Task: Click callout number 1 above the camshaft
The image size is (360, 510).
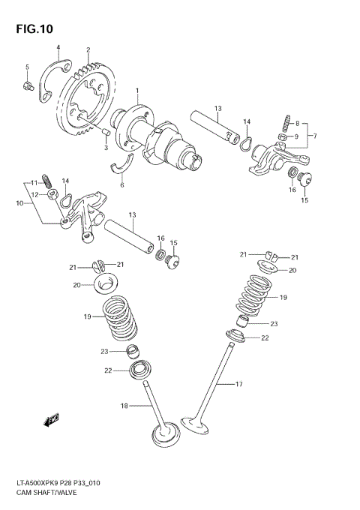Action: click(x=137, y=91)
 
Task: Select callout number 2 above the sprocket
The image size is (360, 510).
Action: click(x=88, y=50)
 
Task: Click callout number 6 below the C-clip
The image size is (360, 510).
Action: click(x=122, y=184)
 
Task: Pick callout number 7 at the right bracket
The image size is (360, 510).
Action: click(x=315, y=136)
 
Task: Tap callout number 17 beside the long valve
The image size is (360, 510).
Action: click(x=239, y=385)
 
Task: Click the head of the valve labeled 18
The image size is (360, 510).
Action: click(x=163, y=435)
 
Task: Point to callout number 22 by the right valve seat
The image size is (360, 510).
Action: click(x=265, y=339)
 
